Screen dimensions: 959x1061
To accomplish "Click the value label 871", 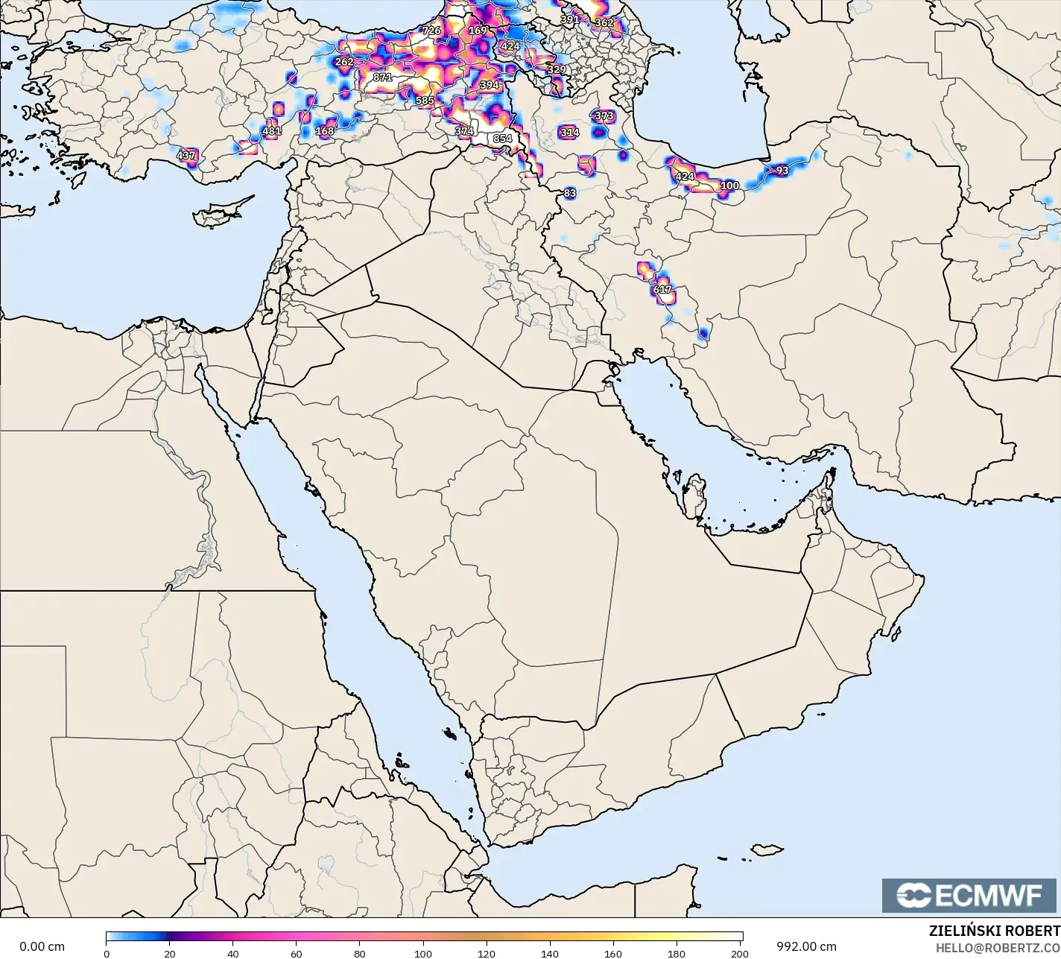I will click(382, 77).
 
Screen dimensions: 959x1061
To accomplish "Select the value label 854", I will click(502, 139).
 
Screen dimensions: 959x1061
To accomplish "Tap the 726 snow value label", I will click(431, 31).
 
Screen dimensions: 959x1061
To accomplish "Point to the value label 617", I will click(662, 290).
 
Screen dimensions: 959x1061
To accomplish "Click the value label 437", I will click(186, 156).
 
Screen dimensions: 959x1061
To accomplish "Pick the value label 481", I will click(272, 131).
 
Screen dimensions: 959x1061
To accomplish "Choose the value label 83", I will click(570, 193).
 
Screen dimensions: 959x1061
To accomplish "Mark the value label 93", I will click(782, 171).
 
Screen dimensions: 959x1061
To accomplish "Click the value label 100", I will click(729, 186).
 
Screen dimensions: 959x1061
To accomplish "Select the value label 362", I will click(604, 22).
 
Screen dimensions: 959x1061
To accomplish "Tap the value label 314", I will click(569, 133).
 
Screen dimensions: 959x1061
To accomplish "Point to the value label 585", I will click(425, 101).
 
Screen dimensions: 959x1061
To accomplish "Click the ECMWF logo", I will click(969, 896).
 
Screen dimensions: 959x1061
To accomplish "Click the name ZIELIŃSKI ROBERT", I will click(994, 931).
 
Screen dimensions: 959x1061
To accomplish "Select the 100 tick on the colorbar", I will click(424, 953).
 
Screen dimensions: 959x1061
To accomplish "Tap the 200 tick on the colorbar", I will click(741, 953).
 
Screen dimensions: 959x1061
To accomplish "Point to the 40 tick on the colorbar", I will click(233, 953).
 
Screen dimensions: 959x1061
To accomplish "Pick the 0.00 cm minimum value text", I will click(42, 946).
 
